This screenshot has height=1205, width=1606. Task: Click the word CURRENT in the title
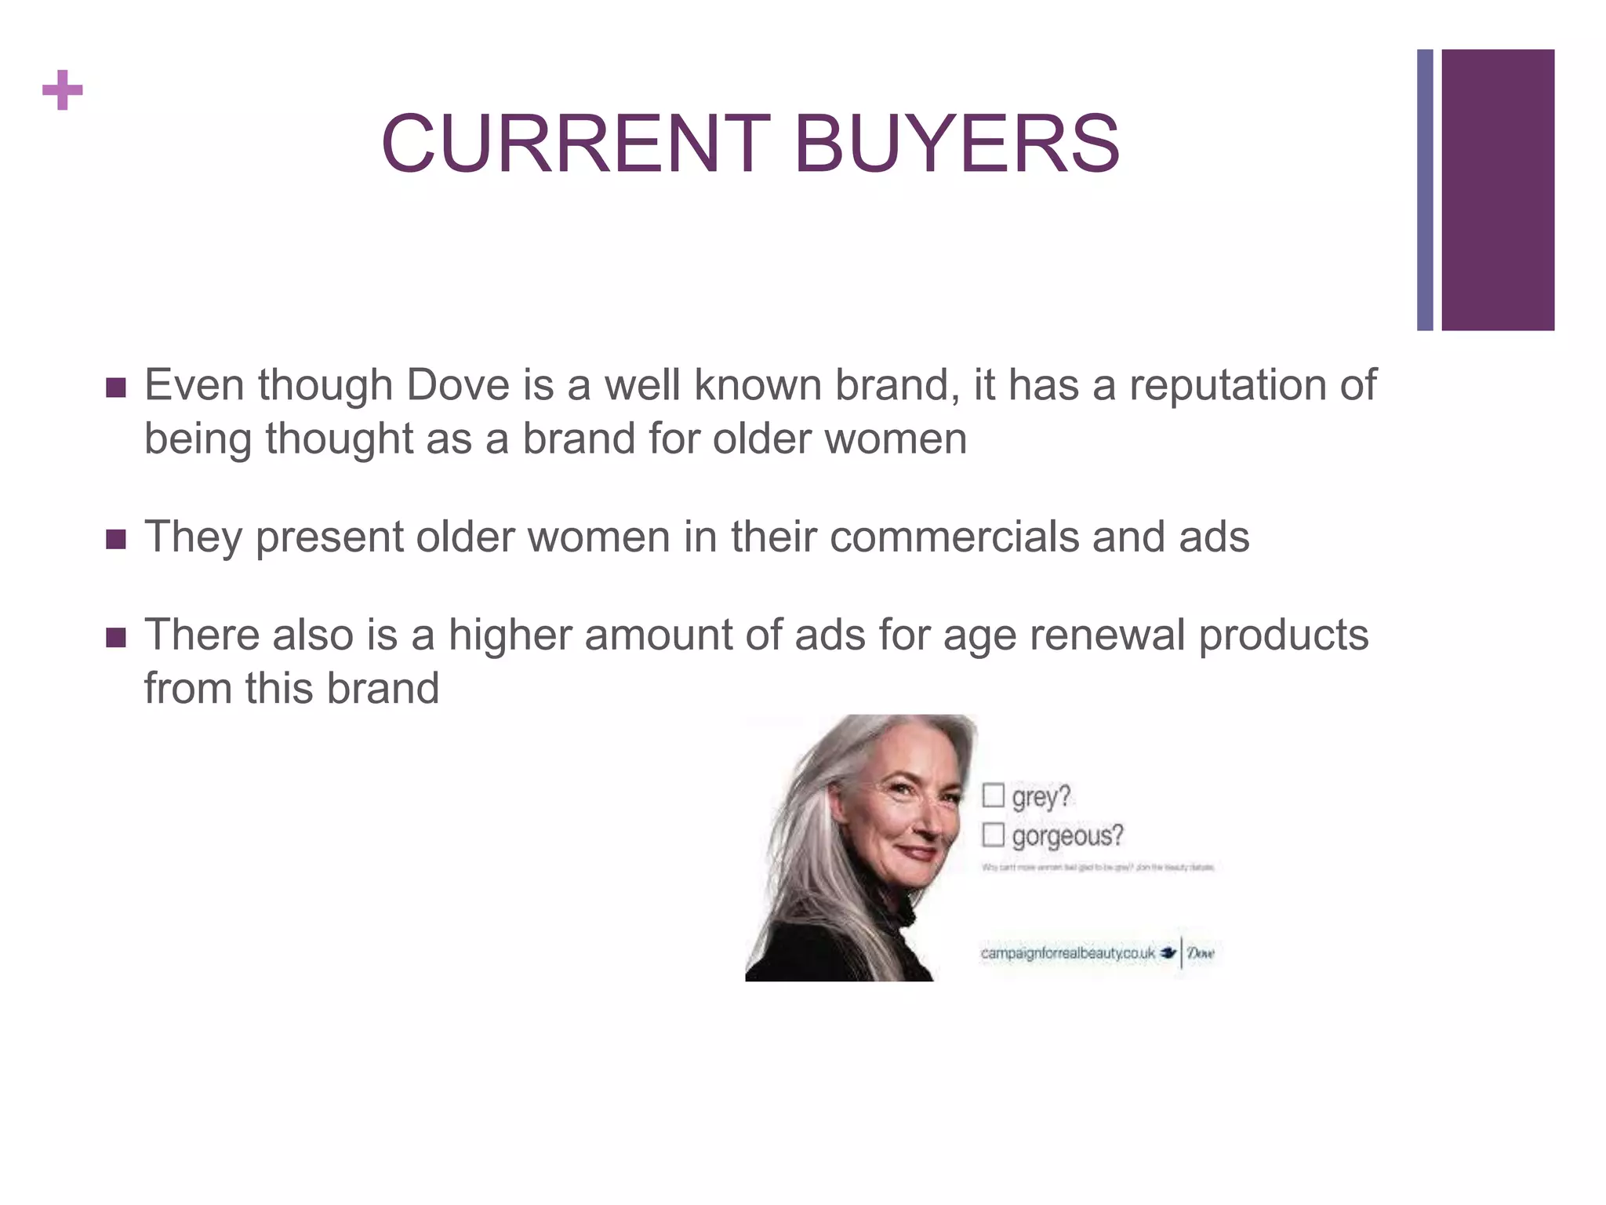coord(575,144)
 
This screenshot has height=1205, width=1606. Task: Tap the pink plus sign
coord(63,90)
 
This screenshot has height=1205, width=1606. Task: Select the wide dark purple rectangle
coord(1498,190)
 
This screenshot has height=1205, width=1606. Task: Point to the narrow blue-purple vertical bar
coord(1425,190)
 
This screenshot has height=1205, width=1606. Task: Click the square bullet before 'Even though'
coord(116,388)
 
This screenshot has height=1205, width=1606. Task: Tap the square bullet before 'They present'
coord(116,539)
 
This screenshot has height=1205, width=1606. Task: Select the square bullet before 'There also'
coord(116,637)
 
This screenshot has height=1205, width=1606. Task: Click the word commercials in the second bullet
coord(953,537)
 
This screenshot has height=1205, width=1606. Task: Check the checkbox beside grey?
coord(993,795)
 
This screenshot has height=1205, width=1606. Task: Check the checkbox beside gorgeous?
coord(993,835)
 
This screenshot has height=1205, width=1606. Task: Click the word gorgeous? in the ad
coord(1067,836)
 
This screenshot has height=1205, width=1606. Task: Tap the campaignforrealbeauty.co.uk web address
coord(1067,953)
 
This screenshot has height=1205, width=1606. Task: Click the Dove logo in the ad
coord(1199,953)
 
